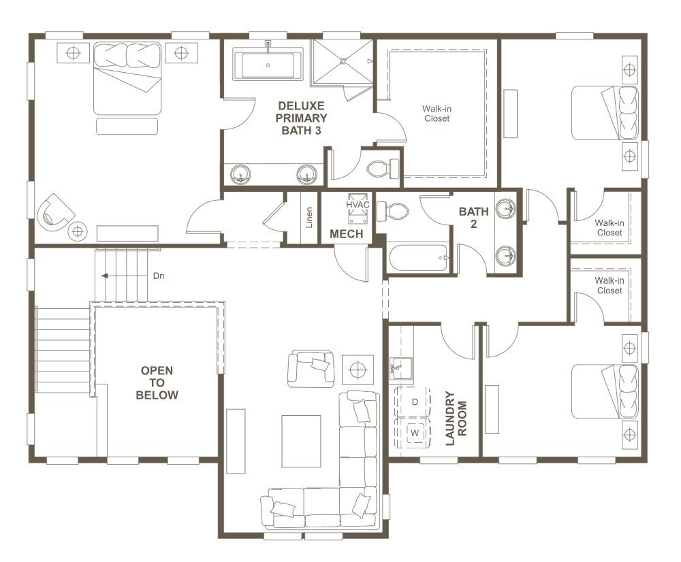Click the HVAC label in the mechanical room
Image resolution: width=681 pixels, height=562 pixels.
tap(357, 204)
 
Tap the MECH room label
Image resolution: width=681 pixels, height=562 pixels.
tap(347, 234)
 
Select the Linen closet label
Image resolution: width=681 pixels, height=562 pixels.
tap(309, 218)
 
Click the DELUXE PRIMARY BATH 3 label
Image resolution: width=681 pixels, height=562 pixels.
tap(301, 118)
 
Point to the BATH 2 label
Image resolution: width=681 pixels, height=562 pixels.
tap(473, 218)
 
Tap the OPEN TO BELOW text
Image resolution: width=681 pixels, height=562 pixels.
tap(157, 382)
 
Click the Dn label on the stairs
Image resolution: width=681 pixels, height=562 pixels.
tap(158, 276)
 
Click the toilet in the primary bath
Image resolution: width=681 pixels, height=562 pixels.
tap(385, 167)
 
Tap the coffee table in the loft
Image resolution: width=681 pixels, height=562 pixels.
tap(301, 441)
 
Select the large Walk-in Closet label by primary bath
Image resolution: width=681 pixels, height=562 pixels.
tap(436, 114)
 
